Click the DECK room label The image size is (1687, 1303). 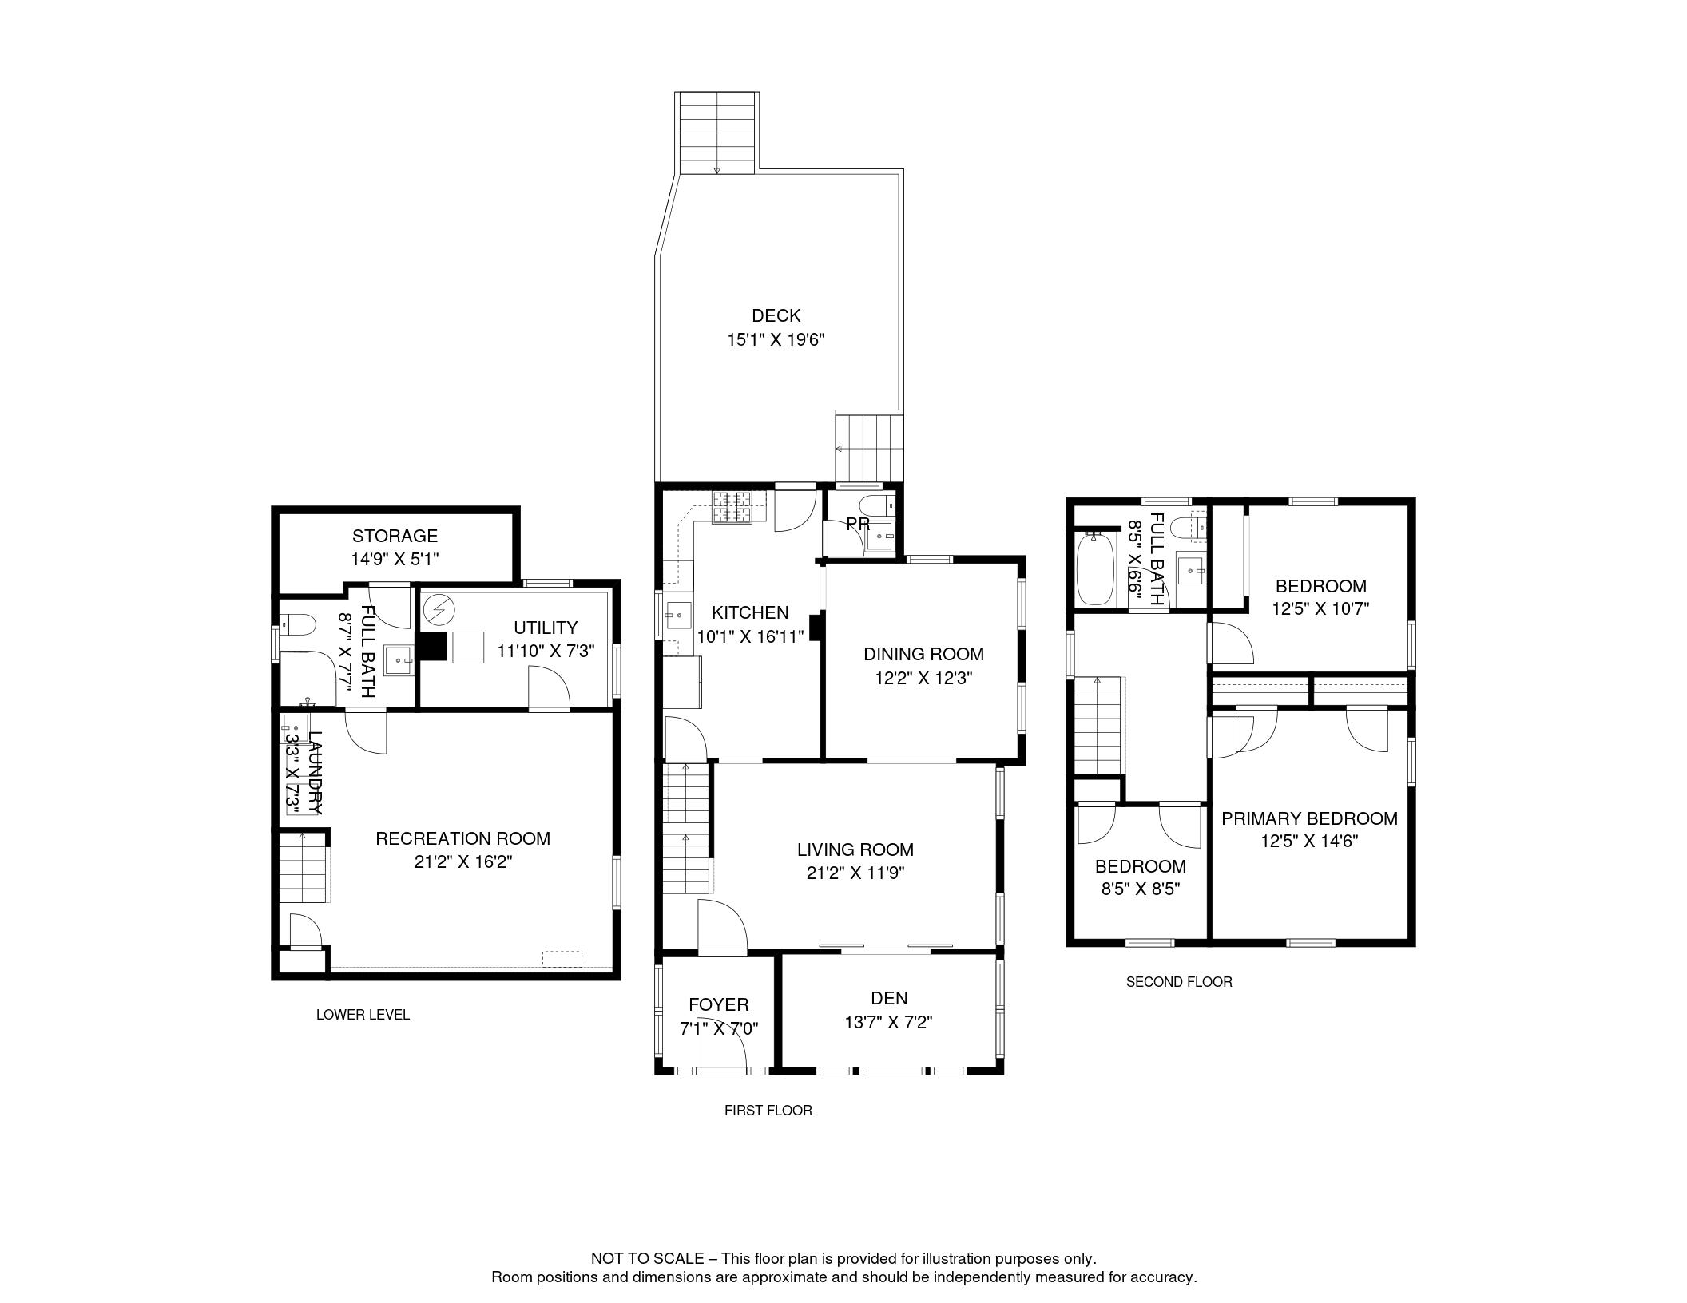[776, 315]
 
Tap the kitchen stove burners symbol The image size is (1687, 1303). [733, 508]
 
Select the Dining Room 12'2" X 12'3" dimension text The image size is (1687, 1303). [923, 679]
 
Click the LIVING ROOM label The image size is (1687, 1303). [855, 850]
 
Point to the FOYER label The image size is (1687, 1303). [718, 1004]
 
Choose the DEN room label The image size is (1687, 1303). [889, 998]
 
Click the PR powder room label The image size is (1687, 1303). [858, 525]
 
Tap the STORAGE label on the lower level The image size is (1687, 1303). [395, 536]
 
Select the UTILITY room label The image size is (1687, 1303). [546, 628]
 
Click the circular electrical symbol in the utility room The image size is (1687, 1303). [438, 612]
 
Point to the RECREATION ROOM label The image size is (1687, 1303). [462, 838]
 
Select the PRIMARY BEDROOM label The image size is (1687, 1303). [1309, 818]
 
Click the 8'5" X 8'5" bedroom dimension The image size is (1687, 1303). [1141, 889]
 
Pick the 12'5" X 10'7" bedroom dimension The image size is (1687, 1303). [1320, 608]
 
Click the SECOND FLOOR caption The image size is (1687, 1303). [1179, 982]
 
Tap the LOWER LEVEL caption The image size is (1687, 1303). [363, 1015]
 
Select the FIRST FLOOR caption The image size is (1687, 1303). [768, 1111]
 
